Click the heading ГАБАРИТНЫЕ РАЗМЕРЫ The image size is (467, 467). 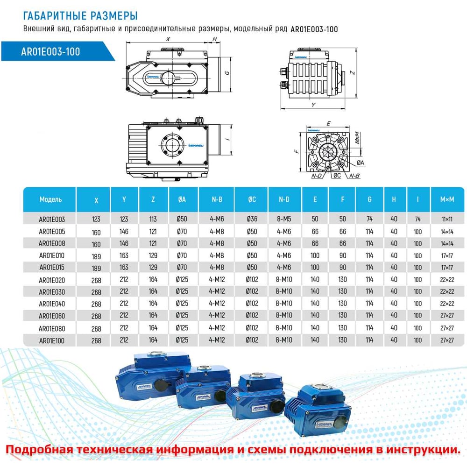click(80, 16)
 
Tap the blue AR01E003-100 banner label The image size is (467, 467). click(50, 51)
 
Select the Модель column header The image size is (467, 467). click(50, 199)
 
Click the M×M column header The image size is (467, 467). click(447, 199)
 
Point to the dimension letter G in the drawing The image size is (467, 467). click(226, 73)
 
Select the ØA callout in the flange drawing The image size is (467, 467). click(360, 162)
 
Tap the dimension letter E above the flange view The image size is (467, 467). click(328, 124)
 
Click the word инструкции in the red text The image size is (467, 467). click(421, 449)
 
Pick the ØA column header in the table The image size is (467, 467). click(182, 199)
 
